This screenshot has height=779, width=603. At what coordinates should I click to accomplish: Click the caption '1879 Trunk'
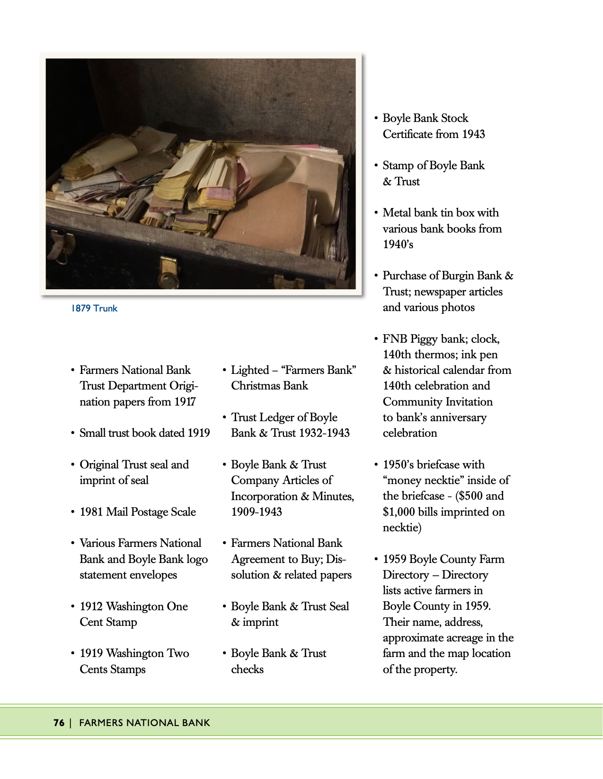pos(94,308)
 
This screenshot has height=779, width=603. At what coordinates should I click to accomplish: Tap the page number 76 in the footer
pos(59,722)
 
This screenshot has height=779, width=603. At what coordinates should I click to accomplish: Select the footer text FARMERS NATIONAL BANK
pos(144,722)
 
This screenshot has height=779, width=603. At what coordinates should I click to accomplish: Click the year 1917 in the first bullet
pos(185,402)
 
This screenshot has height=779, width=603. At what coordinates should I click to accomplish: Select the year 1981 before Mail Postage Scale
pos(91,512)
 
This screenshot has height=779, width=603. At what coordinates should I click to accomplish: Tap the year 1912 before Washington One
pos(91,606)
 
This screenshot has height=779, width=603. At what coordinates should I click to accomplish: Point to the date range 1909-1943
pos(257,512)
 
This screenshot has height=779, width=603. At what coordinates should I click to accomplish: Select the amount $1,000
pos(399,512)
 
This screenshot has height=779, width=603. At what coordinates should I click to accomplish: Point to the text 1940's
pos(398,244)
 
